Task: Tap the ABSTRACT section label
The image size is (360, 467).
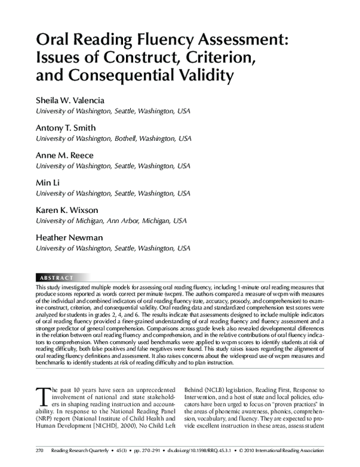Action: point(56,278)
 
